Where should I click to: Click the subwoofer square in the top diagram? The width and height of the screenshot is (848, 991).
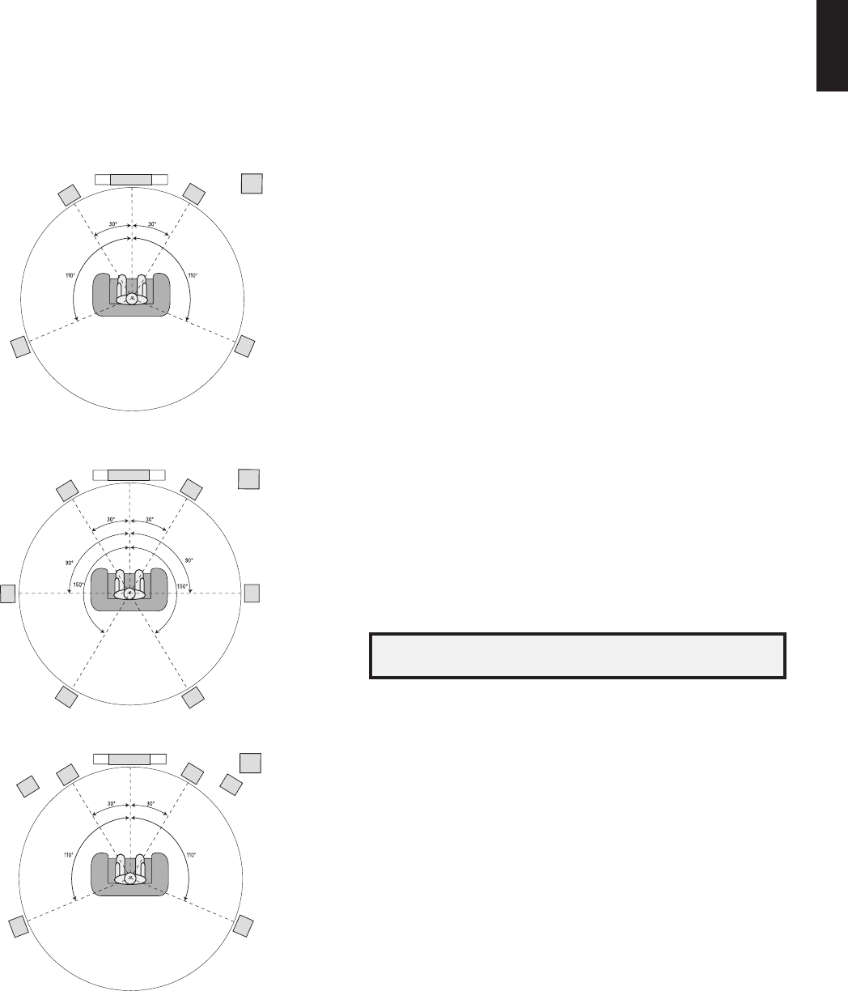[252, 184]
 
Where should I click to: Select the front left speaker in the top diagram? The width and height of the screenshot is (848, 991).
[70, 195]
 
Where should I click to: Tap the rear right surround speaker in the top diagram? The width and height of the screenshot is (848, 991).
[245, 347]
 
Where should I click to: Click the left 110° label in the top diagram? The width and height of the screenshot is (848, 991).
[70, 275]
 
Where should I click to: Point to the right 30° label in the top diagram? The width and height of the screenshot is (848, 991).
[152, 224]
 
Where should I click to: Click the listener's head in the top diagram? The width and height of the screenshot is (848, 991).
[132, 299]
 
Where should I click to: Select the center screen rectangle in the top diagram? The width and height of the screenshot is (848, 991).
[131, 179]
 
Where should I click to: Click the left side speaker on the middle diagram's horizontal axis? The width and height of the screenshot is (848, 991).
[7, 593]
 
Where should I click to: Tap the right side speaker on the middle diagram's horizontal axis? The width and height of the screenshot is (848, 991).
[252, 593]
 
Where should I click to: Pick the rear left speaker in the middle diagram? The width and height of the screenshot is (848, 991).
[66, 696]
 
